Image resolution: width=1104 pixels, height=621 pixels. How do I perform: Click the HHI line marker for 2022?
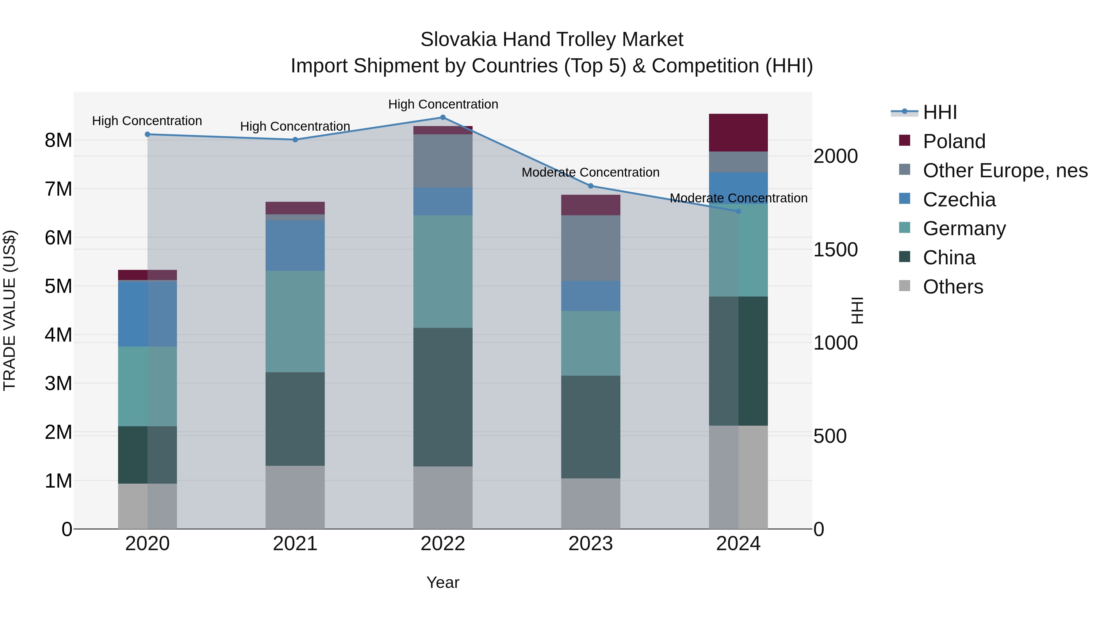tap(443, 117)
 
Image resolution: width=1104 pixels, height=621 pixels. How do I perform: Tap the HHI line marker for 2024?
tap(738, 211)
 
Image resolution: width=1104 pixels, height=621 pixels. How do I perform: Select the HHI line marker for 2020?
tap(148, 134)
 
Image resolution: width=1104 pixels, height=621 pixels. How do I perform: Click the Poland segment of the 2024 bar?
tap(738, 132)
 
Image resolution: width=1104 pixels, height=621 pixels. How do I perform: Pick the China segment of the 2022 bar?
tap(443, 397)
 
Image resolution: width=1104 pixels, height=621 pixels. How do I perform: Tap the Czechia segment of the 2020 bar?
tap(148, 314)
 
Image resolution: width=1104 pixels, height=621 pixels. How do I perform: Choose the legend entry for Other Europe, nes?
tap(1005, 171)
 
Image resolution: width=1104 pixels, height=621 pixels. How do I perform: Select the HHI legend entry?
tap(939, 112)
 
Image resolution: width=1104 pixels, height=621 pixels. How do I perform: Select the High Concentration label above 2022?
tap(443, 104)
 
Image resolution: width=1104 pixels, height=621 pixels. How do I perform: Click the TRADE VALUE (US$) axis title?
tap(10, 310)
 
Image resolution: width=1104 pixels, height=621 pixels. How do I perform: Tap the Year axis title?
tap(443, 582)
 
